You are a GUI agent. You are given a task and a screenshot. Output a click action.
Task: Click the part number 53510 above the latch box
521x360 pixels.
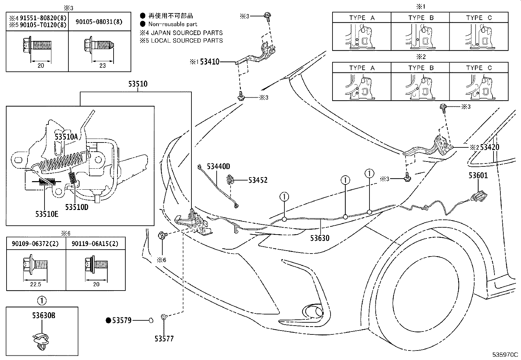pyautogui.click(x=138, y=84)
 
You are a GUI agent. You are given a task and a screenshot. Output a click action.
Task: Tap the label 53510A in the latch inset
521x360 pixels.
pyautogui.click(x=66, y=137)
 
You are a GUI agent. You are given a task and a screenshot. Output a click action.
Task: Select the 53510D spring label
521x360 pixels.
pyautogui.click(x=77, y=207)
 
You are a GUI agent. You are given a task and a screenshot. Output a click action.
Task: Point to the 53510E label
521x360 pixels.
pyautogui.click(x=47, y=214)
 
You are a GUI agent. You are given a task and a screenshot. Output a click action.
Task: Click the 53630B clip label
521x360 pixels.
pyautogui.click(x=44, y=315)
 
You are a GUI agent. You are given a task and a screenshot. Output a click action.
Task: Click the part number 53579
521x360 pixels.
pyautogui.click(x=122, y=321)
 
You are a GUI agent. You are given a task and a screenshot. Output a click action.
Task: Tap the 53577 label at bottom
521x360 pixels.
pyautogui.click(x=164, y=339)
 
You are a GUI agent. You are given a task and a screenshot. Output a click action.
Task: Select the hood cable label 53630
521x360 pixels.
pyautogui.click(x=320, y=238)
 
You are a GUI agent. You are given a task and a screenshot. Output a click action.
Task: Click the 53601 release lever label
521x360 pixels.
pyautogui.click(x=478, y=175)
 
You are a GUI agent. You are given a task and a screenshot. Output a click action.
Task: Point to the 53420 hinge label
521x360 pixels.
pyautogui.click(x=490, y=147)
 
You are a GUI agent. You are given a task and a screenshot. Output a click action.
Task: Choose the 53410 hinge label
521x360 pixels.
pyautogui.click(x=210, y=62)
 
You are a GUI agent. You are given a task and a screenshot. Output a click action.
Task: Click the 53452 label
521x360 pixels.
pyautogui.click(x=258, y=180)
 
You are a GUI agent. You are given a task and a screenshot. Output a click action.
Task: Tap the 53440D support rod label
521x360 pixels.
pyautogui.click(x=218, y=166)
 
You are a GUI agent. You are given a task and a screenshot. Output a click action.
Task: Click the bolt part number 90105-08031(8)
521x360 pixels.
pyautogui.click(x=99, y=22)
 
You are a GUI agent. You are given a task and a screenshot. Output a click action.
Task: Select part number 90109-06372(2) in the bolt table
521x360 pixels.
pyautogui.click(x=35, y=244)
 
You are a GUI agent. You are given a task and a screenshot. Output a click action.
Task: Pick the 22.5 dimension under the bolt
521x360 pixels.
pyautogui.click(x=36, y=284)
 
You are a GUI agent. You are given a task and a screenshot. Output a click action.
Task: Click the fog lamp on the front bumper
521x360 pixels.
pyautogui.click(x=313, y=312)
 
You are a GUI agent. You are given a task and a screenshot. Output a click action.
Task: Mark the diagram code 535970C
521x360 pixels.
pyautogui.click(x=505, y=355)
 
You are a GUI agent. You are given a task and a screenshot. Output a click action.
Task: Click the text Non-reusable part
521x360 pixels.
pyautogui.click(x=172, y=24)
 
